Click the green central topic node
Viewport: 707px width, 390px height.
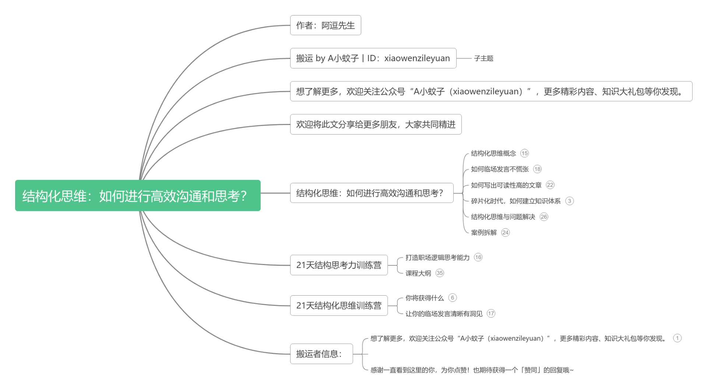point(138,195)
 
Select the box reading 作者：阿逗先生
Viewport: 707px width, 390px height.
point(326,25)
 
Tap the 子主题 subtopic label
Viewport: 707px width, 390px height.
point(483,58)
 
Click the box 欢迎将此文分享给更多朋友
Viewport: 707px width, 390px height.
point(376,124)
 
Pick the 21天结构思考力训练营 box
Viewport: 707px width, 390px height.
point(339,265)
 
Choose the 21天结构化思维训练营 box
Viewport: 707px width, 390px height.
point(339,306)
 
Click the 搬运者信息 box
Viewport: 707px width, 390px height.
point(321,354)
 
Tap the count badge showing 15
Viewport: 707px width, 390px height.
point(524,153)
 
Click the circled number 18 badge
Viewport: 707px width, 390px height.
point(537,169)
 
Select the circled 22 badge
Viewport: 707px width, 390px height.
point(550,185)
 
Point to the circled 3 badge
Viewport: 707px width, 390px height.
point(569,201)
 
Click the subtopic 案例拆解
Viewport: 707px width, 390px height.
point(484,233)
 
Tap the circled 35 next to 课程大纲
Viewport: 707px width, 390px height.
point(440,273)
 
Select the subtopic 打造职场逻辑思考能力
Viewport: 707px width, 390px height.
point(437,257)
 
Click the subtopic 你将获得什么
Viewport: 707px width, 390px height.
point(425,298)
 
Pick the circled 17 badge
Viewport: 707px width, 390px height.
point(491,313)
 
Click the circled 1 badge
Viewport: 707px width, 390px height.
point(677,338)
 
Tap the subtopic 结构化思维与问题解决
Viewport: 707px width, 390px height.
point(503,217)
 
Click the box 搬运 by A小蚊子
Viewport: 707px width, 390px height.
point(373,58)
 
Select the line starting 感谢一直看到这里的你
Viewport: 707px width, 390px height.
point(472,370)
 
